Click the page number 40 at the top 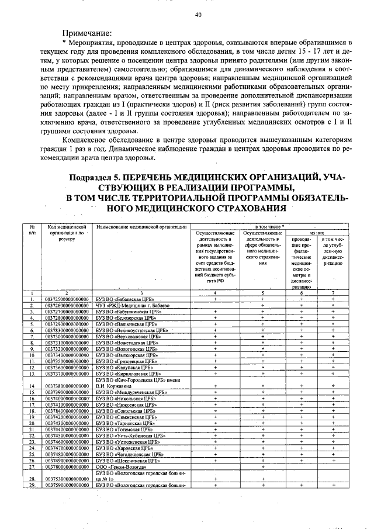tap(198, 15)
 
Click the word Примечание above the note tap(87, 33)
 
